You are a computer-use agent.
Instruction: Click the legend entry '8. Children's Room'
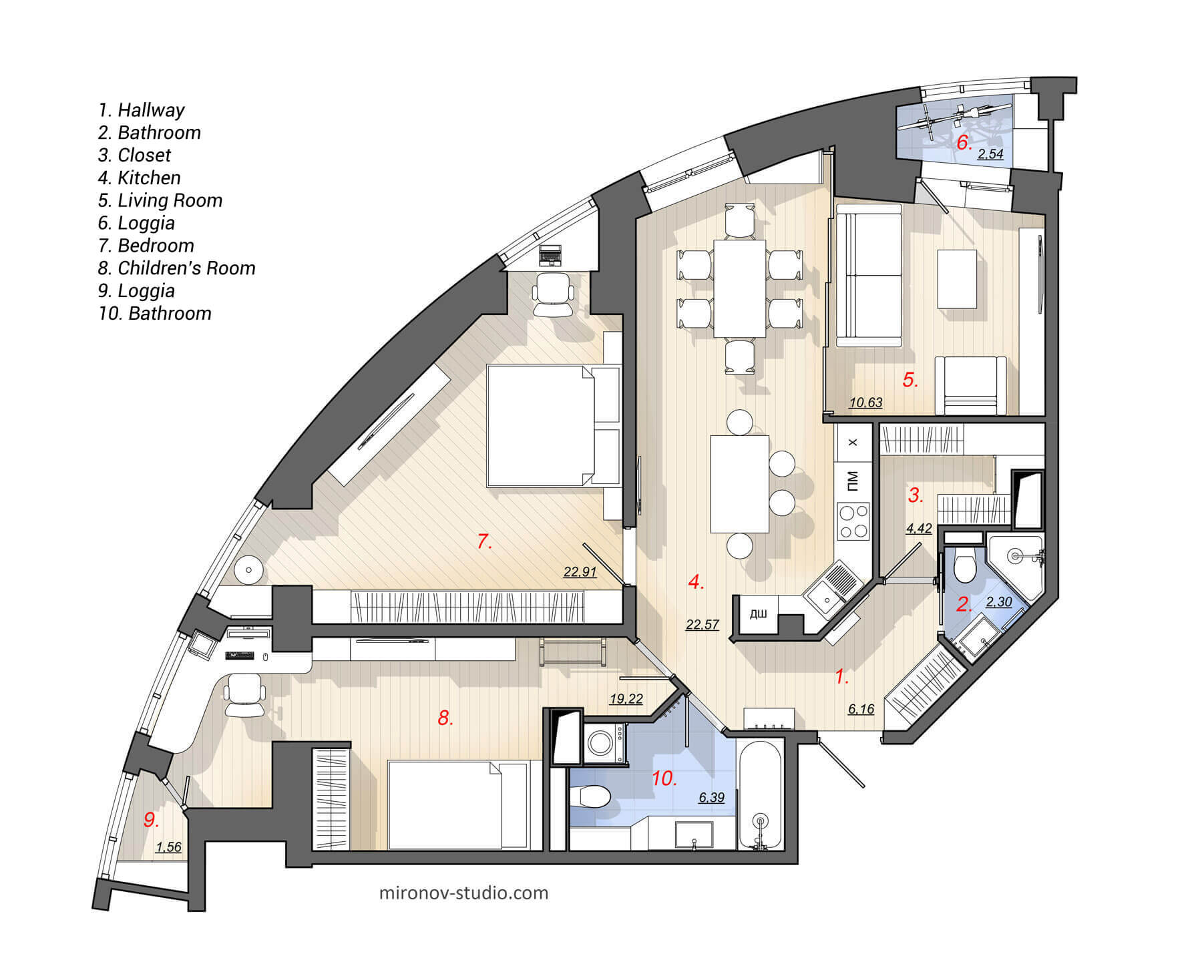point(176,268)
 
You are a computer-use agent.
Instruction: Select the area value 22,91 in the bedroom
point(579,572)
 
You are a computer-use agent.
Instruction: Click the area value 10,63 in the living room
point(865,403)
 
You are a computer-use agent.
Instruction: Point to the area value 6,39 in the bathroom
point(711,797)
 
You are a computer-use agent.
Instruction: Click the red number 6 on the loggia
point(962,142)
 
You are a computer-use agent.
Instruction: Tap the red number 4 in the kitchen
point(695,582)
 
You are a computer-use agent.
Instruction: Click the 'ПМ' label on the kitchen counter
point(853,480)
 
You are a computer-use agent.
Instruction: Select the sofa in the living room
point(868,276)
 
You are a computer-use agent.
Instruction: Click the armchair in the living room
point(970,387)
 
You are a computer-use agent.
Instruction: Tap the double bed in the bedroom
point(541,425)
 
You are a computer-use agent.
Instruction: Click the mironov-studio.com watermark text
point(463,893)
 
